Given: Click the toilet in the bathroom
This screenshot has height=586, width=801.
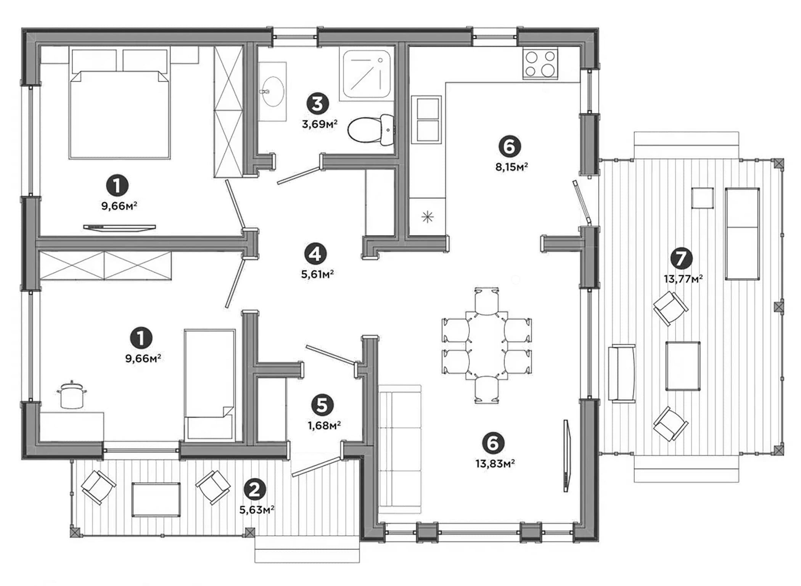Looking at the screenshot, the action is point(371,130).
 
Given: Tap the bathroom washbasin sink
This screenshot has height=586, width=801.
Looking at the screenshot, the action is point(272,92).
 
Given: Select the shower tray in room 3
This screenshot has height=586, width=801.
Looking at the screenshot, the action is point(367,74).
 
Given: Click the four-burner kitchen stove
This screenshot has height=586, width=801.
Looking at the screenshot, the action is point(540,64).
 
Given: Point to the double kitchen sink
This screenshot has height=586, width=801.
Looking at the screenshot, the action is point(427,120).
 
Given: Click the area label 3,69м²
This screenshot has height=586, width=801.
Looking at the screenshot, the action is point(320,124).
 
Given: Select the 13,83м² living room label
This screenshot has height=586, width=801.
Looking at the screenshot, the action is point(495,464).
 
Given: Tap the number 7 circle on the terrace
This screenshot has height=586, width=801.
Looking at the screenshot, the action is point(681,258).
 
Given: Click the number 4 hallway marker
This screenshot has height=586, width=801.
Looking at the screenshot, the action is point(315,254).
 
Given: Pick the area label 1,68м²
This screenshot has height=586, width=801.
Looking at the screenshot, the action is point(324,425).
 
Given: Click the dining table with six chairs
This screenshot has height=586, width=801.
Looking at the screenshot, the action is point(487,345).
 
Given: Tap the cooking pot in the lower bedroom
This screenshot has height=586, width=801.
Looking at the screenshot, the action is point(71,394).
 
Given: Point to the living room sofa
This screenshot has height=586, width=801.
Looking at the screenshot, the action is point(399,450).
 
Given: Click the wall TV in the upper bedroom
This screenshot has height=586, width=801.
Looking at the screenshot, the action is point(119,227).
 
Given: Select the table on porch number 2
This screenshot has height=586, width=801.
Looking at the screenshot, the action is point(156,499).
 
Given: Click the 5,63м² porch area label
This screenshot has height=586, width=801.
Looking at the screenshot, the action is point(257,510).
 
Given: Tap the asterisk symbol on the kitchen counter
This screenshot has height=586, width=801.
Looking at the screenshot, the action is point(428,217).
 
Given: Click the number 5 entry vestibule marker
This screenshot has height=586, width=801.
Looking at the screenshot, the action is point(322,405).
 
